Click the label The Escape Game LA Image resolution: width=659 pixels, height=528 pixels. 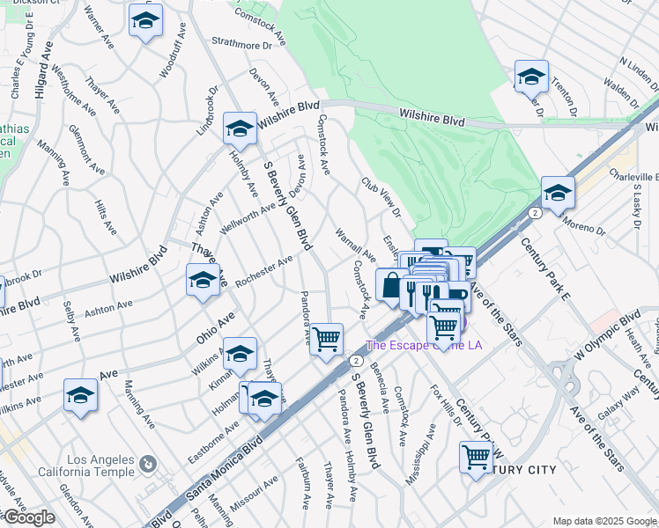pyautogui.click(x=424, y=345)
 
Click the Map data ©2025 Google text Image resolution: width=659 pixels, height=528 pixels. pyautogui.click(x=605, y=521)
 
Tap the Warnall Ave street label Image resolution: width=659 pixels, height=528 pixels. pyautogui.click(x=356, y=246)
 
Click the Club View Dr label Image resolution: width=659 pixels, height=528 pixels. pyautogui.click(x=381, y=197)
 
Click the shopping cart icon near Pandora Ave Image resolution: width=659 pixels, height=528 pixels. pyautogui.click(x=327, y=338)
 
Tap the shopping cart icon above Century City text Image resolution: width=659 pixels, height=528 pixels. pyautogui.click(x=476, y=457)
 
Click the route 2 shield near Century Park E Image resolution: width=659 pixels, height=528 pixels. pyautogui.click(x=535, y=212)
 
